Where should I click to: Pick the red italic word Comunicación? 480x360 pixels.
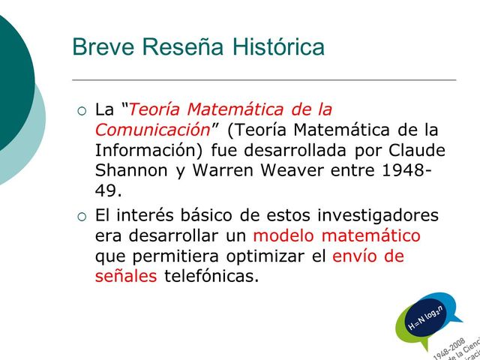151,128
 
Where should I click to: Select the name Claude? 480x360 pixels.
416,149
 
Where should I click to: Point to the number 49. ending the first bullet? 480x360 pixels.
108,191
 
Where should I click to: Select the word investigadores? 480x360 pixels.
377,216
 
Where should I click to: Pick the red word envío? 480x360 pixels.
357,256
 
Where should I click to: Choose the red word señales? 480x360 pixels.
126,277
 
